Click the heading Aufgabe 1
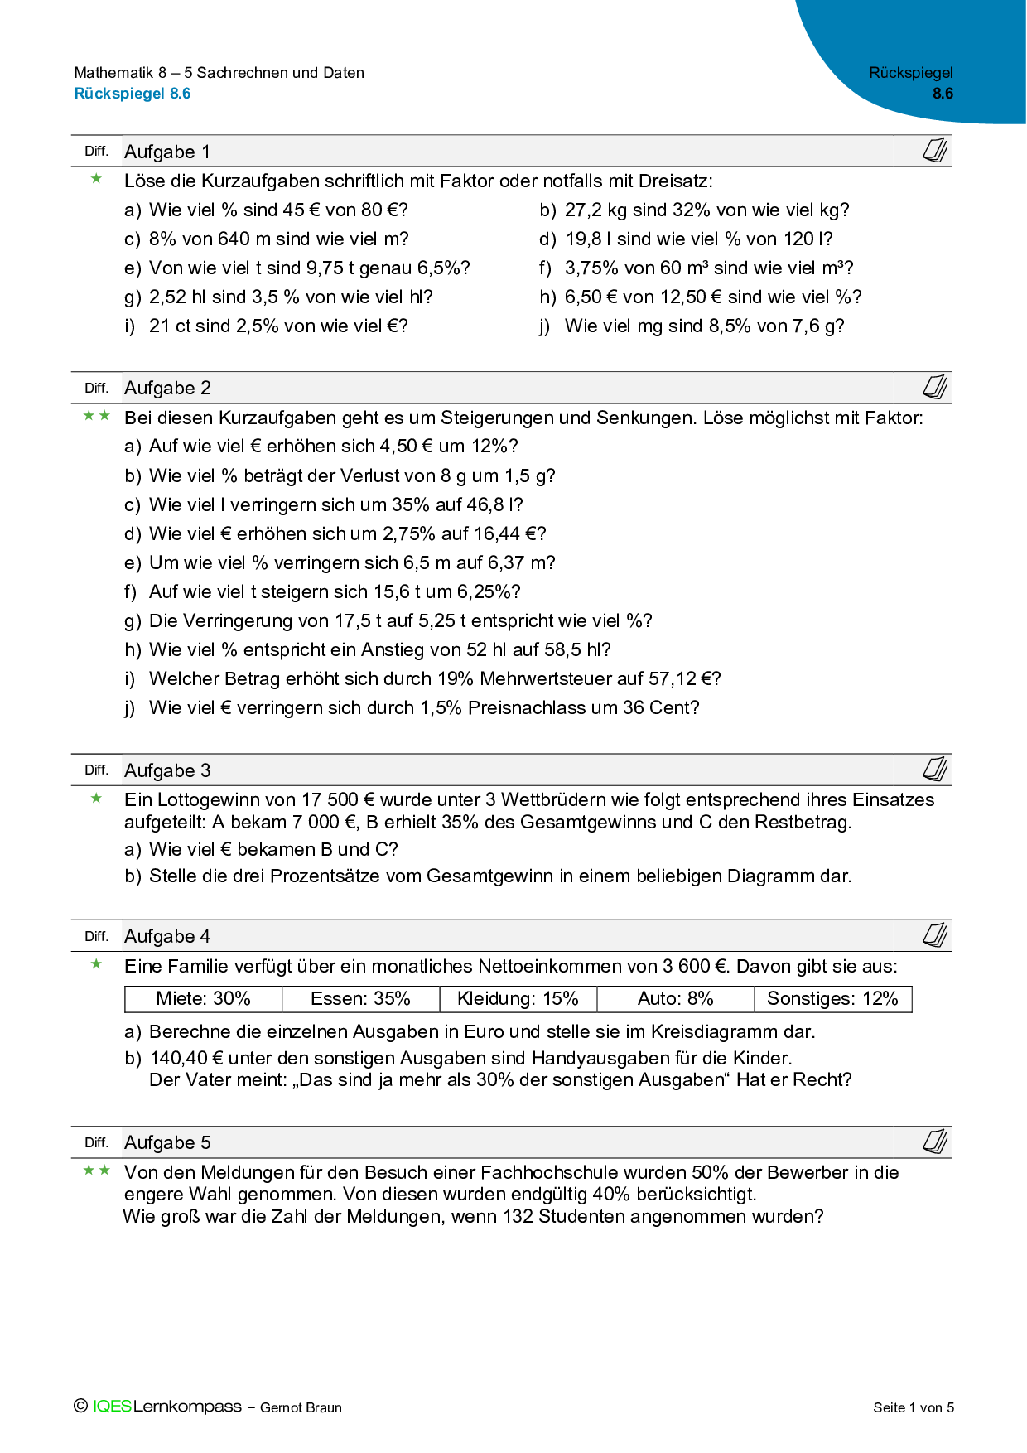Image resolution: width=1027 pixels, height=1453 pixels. click(x=167, y=152)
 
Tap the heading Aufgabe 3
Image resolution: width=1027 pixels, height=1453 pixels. click(x=167, y=770)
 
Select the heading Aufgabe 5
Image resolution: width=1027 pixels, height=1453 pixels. click(x=167, y=1142)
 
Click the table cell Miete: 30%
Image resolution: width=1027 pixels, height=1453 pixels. click(x=203, y=999)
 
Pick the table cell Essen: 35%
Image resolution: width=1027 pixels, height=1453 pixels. click(x=360, y=999)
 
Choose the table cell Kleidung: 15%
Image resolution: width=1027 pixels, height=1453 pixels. click(x=518, y=999)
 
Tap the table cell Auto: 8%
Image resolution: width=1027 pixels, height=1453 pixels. click(x=675, y=999)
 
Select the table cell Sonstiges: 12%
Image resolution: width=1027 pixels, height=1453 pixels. click(x=832, y=999)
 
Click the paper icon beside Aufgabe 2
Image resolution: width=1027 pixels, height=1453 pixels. click(x=935, y=387)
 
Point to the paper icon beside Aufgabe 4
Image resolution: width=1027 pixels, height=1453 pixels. click(x=935, y=935)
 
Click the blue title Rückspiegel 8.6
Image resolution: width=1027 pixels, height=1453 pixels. click(x=133, y=94)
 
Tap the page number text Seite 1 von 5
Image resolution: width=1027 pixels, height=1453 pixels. click(x=914, y=1407)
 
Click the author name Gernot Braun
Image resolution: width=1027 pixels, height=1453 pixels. click(x=301, y=1407)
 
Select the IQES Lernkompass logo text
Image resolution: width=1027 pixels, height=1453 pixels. click(x=166, y=1407)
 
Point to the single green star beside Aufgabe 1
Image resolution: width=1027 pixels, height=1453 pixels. click(x=97, y=179)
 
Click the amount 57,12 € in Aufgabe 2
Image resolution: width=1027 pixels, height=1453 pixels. click(x=684, y=679)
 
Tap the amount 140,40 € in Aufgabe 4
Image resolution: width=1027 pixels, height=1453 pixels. click(x=186, y=1059)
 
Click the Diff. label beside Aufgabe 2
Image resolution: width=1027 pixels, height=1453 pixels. click(x=96, y=388)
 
